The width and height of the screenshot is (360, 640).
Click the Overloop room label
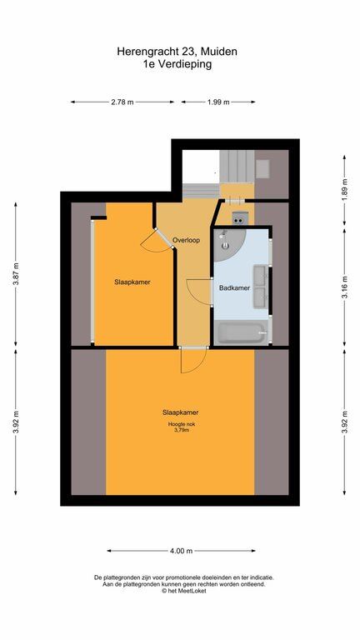(186, 240)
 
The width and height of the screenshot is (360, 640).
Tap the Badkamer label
(234, 287)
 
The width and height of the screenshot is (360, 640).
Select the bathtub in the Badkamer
(242, 332)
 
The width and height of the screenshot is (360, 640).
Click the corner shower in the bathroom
(228, 244)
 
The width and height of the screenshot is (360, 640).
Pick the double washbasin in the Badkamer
(260, 286)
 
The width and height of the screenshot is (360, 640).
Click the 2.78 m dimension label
(122, 102)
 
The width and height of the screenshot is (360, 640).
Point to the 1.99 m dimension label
(218, 102)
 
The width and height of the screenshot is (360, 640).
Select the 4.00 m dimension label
(181, 551)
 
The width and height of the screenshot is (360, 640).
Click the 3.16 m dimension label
(344, 287)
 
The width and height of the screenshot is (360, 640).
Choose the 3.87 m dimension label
(16, 274)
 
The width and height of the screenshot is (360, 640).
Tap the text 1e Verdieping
(177, 64)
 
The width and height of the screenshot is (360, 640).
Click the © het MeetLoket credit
(183, 591)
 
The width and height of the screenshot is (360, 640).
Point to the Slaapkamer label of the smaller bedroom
(132, 282)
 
